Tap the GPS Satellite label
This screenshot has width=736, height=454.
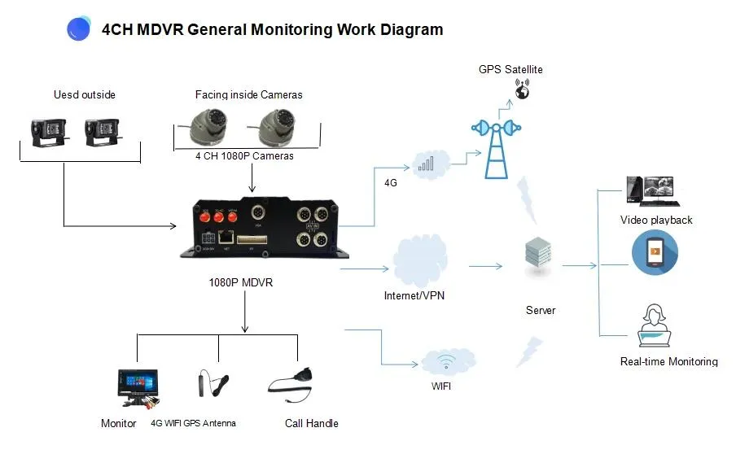(510, 70)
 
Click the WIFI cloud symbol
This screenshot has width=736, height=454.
(447, 361)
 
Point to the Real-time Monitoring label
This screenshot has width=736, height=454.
(668, 361)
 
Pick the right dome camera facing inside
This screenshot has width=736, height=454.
(274, 126)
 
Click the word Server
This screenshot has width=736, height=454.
(541, 310)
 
